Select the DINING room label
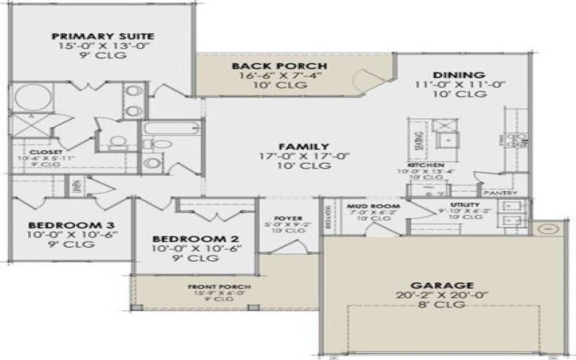tap(458, 75)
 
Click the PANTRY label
tap(495, 193)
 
